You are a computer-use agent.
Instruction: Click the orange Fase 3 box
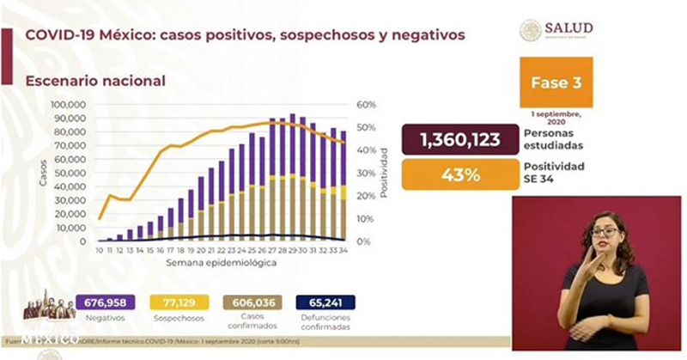tap(556, 83)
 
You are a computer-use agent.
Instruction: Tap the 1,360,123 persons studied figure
tap(460, 139)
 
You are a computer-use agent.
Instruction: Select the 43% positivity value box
tap(460, 174)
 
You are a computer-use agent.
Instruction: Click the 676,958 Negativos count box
tap(106, 302)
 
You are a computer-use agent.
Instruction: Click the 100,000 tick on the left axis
tap(68, 105)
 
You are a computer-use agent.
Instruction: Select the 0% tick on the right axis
tap(364, 241)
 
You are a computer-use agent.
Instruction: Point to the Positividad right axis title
tap(385, 172)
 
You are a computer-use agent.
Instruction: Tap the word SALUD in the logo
tap(568, 28)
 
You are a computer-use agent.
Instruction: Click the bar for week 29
tap(293, 178)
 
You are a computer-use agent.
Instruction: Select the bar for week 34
tap(343, 186)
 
